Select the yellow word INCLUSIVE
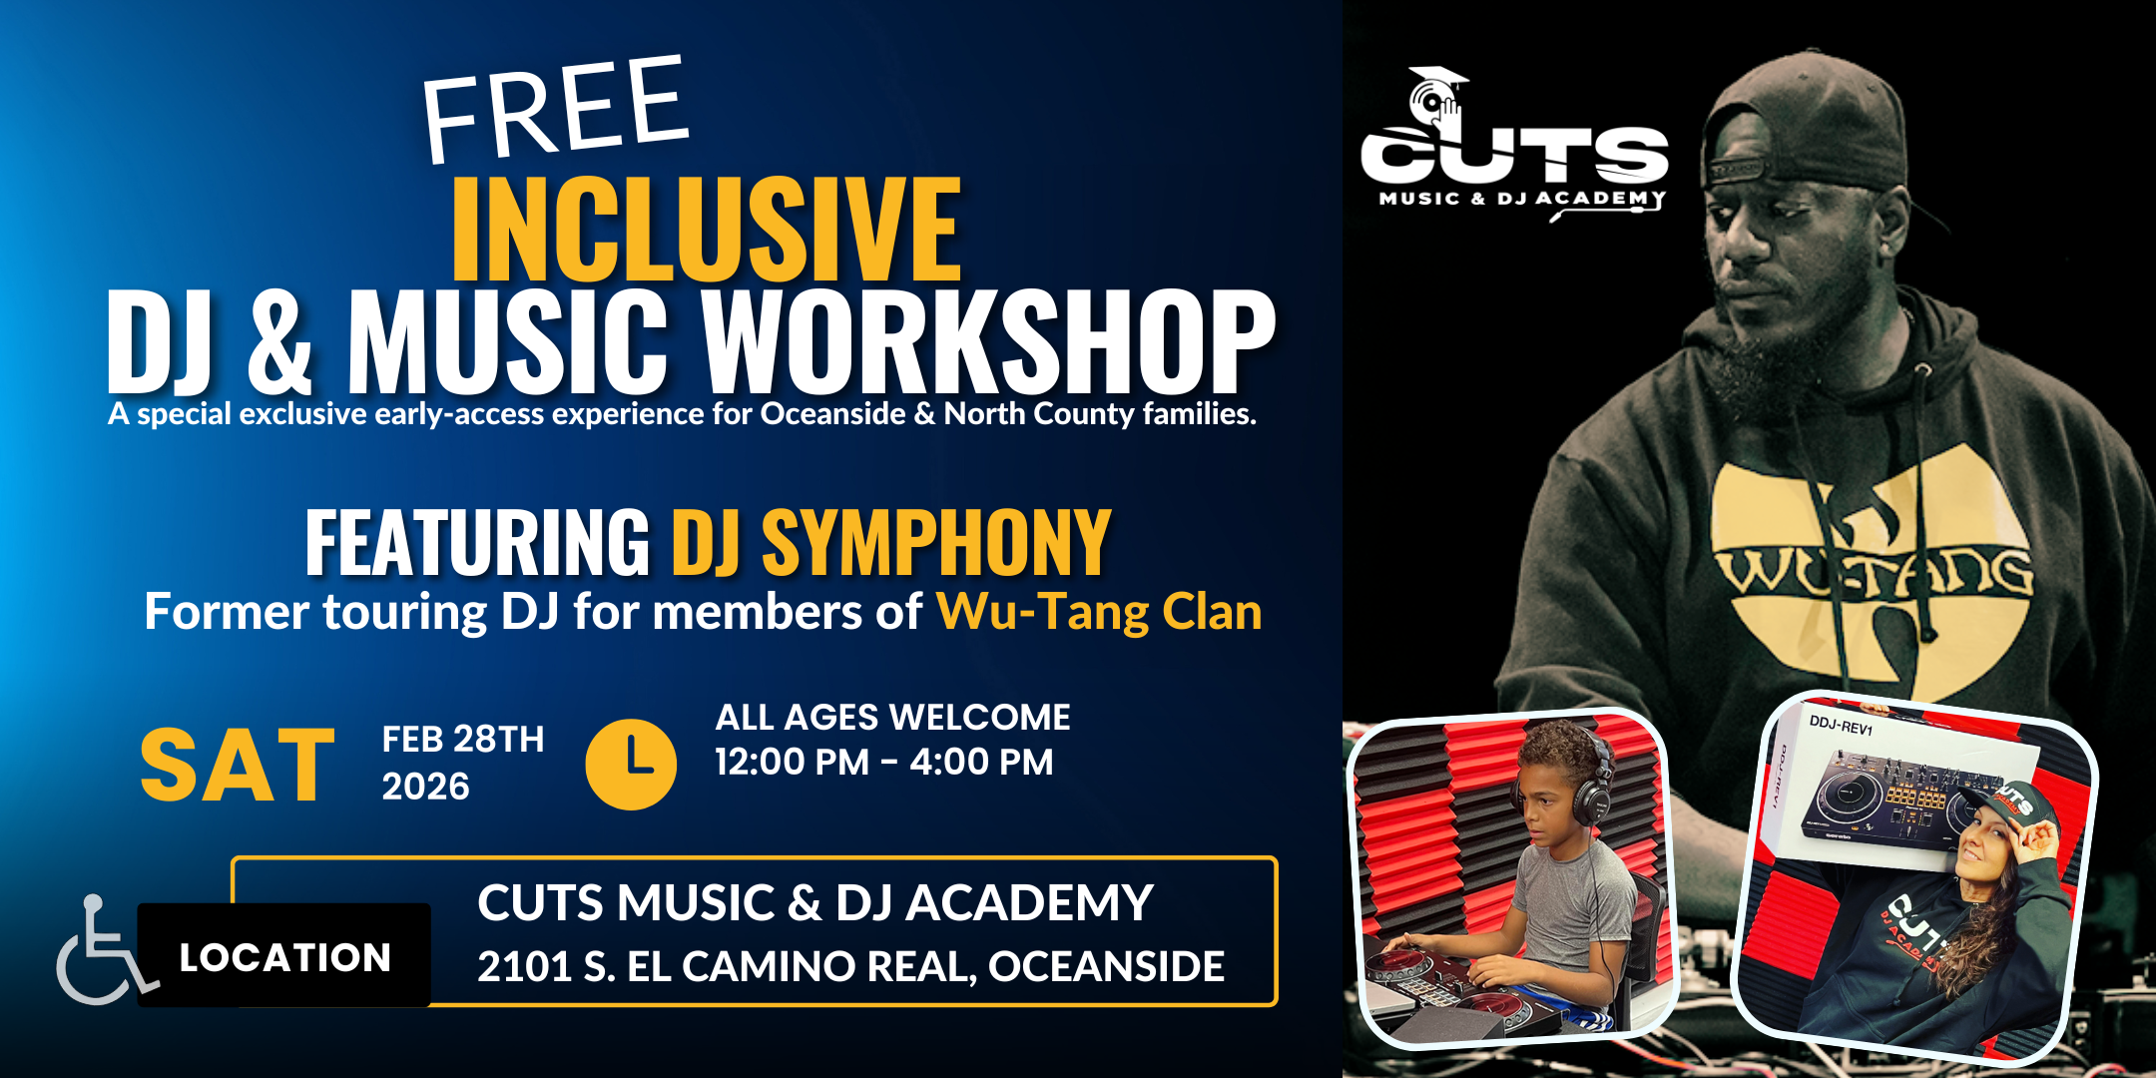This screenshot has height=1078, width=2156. tap(707, 229)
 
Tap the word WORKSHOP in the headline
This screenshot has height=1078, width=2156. tap(988, 341)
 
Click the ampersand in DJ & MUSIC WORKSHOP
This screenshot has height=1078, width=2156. tap(280, 341)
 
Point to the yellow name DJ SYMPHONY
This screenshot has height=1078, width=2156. tap(891, 542)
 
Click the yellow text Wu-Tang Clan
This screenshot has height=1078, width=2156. tap(1099, 611)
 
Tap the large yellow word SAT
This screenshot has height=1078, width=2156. tap(238, 766)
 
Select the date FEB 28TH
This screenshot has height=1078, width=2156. tap(463, 740)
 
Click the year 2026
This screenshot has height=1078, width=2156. tap(425, 787)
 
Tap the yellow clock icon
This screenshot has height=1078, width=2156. tap(631, 764)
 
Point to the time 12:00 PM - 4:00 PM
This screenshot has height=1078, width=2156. tap(884, 763)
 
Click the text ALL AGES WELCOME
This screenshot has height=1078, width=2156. tap(892, 718)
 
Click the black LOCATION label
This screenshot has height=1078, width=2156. tap(284, 957)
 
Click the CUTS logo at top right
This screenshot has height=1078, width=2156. tap(1514, 142)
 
